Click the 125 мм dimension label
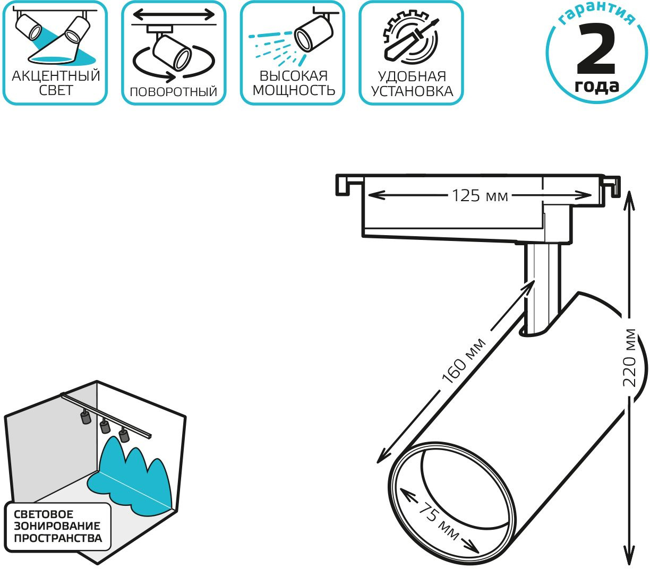(480, 195)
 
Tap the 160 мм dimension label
(464, 361)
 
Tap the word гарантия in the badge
(596, 15)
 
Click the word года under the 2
(596, 87)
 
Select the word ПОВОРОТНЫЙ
(174, 92)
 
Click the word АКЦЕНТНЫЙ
(56, 76)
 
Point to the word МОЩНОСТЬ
(294, 90)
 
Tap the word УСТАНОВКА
(412, 91)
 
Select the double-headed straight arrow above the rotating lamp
(174, 14)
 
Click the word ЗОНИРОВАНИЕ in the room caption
(57, 526)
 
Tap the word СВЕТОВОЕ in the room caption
(43, 514)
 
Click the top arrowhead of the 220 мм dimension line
(629, 200)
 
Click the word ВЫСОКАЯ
(293, 76)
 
